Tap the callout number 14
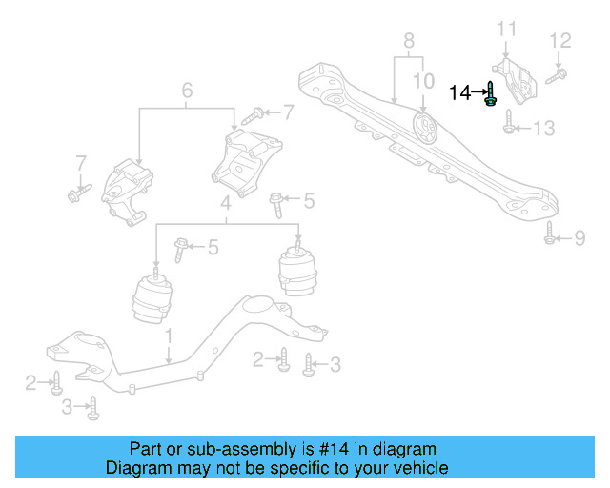[x=459, y=92]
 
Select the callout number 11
[x=505, y=28]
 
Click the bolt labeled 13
[x=509, y=124]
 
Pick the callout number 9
[x=579, y=238]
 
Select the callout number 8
[x=409, y=41]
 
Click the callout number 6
[x=187, y=91]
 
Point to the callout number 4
[x=226, y=203]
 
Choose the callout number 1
[x=168, y=336]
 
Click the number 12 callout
[x=559, y=40]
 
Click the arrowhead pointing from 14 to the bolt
[x=479, y=92]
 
